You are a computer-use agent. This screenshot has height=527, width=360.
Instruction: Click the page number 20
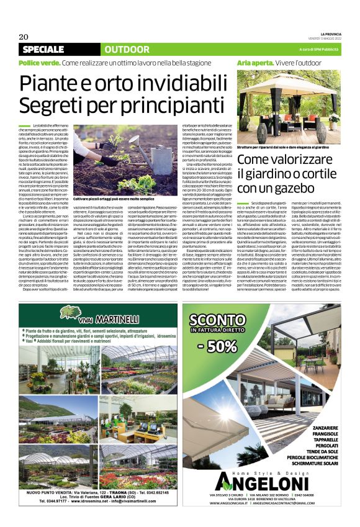24,36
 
